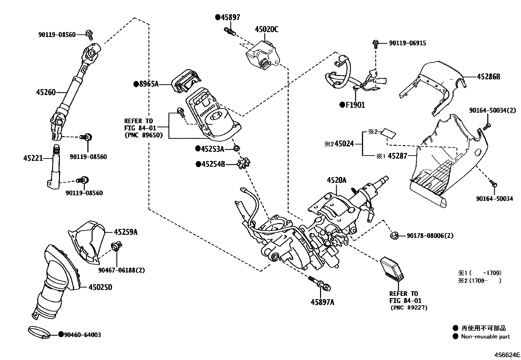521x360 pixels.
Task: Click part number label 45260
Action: (46, 92)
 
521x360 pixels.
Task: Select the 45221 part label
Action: (33, 158)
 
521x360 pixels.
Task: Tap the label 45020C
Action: (266, 29)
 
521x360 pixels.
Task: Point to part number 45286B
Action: (488, 77)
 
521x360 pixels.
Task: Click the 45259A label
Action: (126, 232)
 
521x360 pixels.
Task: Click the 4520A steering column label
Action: (336, 180)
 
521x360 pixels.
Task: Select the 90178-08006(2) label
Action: (430, 236)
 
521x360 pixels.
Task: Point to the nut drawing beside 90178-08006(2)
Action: (395, 235)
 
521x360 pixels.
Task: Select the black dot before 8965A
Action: (136, 84)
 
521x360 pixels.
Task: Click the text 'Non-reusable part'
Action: (485, 336)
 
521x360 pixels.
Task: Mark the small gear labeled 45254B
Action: (243, 163)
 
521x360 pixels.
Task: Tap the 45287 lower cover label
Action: (397, 156)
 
